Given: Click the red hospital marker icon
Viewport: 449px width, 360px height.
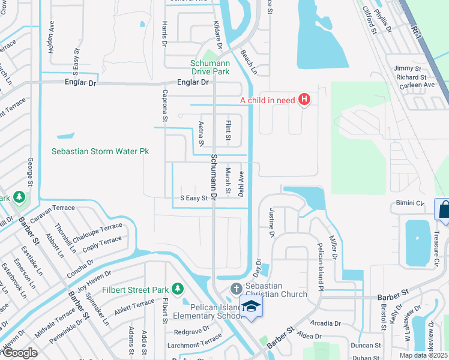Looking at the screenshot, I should [304, 100].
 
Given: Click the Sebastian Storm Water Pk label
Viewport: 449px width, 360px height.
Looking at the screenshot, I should [100, 152].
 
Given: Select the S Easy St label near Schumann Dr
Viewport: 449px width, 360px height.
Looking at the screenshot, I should [194, 197].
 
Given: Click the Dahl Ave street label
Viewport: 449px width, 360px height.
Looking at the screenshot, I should [241, 185].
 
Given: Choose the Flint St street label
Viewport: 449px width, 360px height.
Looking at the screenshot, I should [228, 131].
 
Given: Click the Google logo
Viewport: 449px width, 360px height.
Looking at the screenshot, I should [19, 353].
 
